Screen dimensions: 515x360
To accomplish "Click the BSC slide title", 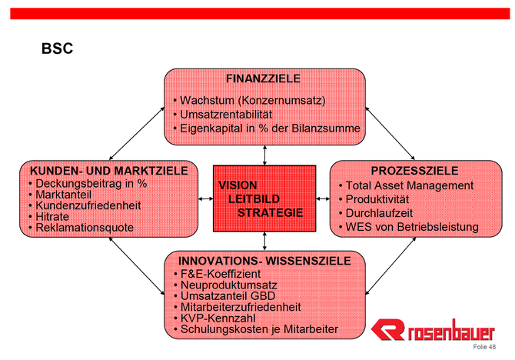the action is pyautogui.click(x=57, y=48).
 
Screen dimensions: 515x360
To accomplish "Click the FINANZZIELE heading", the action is pyautogui.click(x=263, y=78).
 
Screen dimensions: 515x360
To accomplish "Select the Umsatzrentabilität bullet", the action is pyautogui.click(x=223, y=115).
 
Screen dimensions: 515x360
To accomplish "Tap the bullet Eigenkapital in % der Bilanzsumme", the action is pyautogui.click(x=267, y=128).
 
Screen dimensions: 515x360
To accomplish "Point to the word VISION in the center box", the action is pyautogui.click(x=238, y=185).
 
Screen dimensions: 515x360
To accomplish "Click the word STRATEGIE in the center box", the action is pyautogui.click(x=271, y=213).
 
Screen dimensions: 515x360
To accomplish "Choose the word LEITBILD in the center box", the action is pyautogui.click(x=254, y=199).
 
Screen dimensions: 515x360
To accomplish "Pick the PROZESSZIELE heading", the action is pyautogui.click(x=414, y=171).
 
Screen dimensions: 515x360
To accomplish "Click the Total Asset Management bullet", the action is pyautogui.click(x=407, y=185).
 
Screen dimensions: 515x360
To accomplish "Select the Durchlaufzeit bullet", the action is pyautogui.click(x=376, y=213).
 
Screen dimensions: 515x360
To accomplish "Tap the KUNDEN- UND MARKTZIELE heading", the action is pyautogui.click(x=108, y=171).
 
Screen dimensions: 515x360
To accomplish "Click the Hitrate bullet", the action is pyautogui.click(x=49, y=217).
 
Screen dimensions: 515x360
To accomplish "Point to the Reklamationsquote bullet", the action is pyautogui.click(x=81, y=228).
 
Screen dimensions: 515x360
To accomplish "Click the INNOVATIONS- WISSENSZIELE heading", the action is pyautogui.click(x=264, y=261).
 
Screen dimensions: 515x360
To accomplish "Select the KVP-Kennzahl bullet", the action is pyautogui.click(x=214, y=318).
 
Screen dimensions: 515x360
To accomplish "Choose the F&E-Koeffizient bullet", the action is pyautogui.click(x=217, y=274).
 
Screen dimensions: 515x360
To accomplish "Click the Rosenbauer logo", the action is pyautogui.click(x=433, y=330).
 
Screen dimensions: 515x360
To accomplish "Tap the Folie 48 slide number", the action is pyautogui.click(x=484, y=347).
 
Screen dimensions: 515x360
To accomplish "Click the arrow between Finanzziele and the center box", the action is pyautogui.click(x=264, y=155).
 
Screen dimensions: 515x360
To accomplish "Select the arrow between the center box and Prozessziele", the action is pyautogui.click(x=323, y=198).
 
